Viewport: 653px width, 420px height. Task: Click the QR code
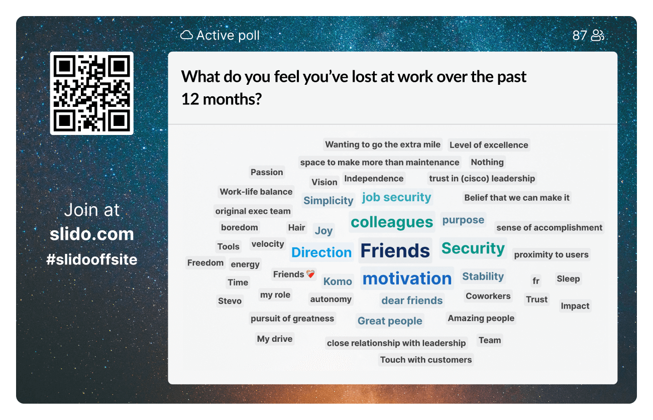(91, 93)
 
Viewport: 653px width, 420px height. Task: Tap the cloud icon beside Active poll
(186, 35)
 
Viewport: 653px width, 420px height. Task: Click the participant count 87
(580, 35)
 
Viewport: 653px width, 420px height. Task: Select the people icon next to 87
(597, 35)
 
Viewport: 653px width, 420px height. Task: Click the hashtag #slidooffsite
(91, 259)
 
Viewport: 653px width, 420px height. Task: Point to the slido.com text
(91, 234)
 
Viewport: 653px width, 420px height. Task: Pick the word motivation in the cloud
(407, 278)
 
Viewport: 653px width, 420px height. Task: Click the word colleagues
(392, 222)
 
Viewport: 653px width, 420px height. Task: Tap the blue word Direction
(321, 252)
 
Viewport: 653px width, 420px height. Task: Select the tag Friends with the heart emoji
(294, 274)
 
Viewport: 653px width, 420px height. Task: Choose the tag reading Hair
(296, 227)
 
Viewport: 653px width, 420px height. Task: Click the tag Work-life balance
(256, 192)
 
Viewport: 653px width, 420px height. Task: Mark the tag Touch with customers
(426, 359)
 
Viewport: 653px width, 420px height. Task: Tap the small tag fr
(536, 281)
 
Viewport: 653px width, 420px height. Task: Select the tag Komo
(338, 282)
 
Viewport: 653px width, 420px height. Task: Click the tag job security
(396, 197)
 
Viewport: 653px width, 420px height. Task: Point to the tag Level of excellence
(489, 145)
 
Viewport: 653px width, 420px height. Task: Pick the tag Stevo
(230, 301)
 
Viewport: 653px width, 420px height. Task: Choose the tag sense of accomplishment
(549, 227)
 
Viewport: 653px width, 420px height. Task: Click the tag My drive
(275, 339)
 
